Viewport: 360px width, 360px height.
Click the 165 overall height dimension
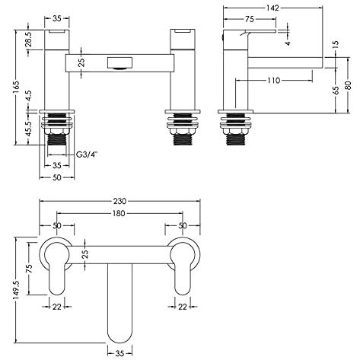[x=17, y=88]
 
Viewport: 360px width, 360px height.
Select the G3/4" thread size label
[x=87, y=155]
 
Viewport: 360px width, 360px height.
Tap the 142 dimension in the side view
[x=272, y=8]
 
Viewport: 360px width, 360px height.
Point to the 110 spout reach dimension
[x=274, y=81]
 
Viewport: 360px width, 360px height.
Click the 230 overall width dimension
[x=119, y=201]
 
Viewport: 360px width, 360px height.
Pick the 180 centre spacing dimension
[x=119, y=213]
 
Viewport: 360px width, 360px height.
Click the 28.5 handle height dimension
[x=29, y=39]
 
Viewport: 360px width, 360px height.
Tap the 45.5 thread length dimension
[x=29, y=128]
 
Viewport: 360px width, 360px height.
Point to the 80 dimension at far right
[x=348, y=85]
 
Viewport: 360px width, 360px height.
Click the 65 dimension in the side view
[x=336, y=91]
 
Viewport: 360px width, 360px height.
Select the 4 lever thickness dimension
[x=288, y=43]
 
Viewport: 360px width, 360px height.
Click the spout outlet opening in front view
[x=119, y=63]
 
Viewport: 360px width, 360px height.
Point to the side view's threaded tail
[x=236, y=139]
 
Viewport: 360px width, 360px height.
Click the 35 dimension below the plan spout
[x=119, y=353]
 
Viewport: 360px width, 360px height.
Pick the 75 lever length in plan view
[x=29, y=268]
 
